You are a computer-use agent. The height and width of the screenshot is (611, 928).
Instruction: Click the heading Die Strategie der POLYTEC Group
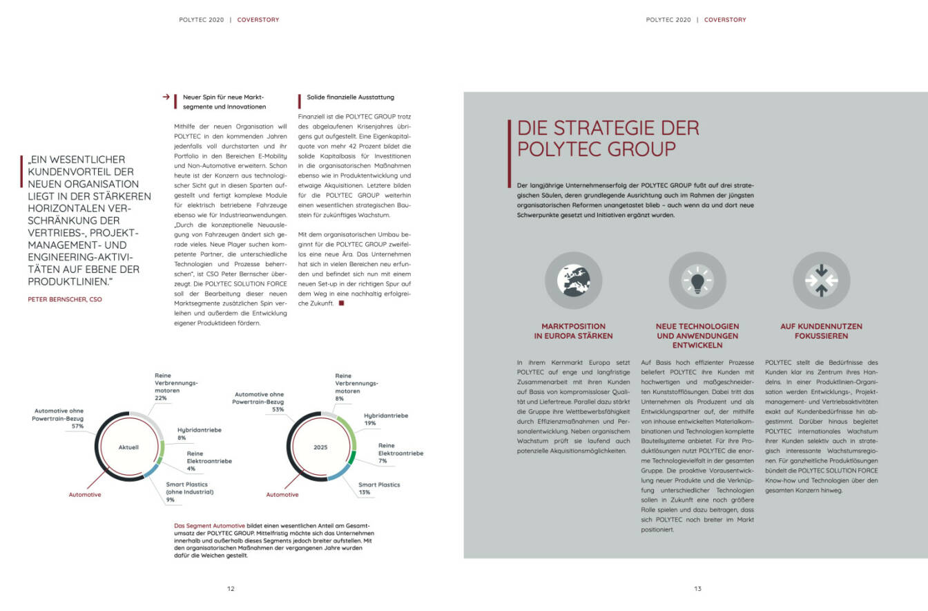[608, 138]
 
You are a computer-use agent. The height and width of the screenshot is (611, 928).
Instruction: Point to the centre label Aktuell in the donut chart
[129, 447]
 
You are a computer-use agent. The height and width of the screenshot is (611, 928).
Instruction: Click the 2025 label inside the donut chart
[320, 447]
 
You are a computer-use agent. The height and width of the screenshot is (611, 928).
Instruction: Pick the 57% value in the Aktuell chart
[77, 426]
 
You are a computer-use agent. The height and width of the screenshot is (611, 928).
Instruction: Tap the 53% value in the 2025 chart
[278, 409]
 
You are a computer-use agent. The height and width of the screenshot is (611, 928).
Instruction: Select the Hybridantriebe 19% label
[386, 420]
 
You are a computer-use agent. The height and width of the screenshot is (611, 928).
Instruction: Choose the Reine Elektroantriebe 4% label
[209, 461]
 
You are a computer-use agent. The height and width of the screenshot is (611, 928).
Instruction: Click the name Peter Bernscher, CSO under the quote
[65, 299]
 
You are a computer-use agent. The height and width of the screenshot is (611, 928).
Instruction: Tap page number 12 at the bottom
[231, 589]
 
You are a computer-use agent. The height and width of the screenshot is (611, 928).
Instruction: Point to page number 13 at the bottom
[697, 589]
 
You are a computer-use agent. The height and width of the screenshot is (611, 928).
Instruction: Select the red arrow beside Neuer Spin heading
[166, 97]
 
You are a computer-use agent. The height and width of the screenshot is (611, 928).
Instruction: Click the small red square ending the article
[341, 303]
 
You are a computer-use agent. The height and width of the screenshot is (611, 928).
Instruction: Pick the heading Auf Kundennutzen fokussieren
[811, 331]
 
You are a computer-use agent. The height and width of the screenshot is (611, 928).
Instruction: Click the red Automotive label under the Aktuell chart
[84, 495]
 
